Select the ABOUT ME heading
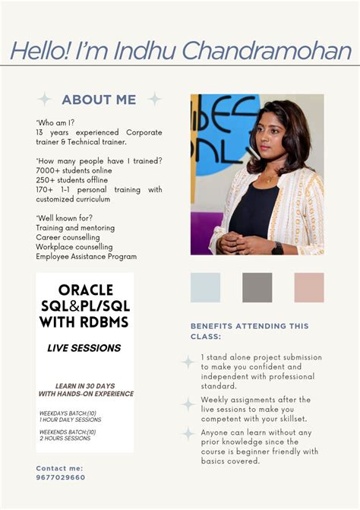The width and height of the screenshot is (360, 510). click(x=99, y=100)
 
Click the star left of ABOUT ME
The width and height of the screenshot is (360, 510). click(x=45, y=100)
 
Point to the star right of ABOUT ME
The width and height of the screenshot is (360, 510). click(x=154, y=100)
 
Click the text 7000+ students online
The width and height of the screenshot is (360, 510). click(x=74, y=170)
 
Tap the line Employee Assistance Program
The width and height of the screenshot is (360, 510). click(x=86, y=256)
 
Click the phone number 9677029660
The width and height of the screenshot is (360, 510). click(x=61, y=477)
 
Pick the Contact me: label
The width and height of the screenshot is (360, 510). click(x=59, y=468)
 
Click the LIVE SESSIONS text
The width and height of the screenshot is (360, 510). click(x=84, y=348)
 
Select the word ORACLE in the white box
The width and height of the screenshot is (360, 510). click(x=85, y=290)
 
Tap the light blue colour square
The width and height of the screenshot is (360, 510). click(x=205, y=287)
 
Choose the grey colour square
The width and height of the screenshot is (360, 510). click(x=257, y=287)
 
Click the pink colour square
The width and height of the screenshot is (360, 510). click(x=309, y=287)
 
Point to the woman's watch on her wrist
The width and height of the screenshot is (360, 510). click(x=277, y=248)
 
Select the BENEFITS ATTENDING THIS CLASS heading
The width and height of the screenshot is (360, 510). click(x=249, y=331)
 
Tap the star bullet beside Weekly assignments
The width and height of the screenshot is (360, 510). click(x=188, y=404)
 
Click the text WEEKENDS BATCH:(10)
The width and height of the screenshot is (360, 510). click(x=68, y=432)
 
